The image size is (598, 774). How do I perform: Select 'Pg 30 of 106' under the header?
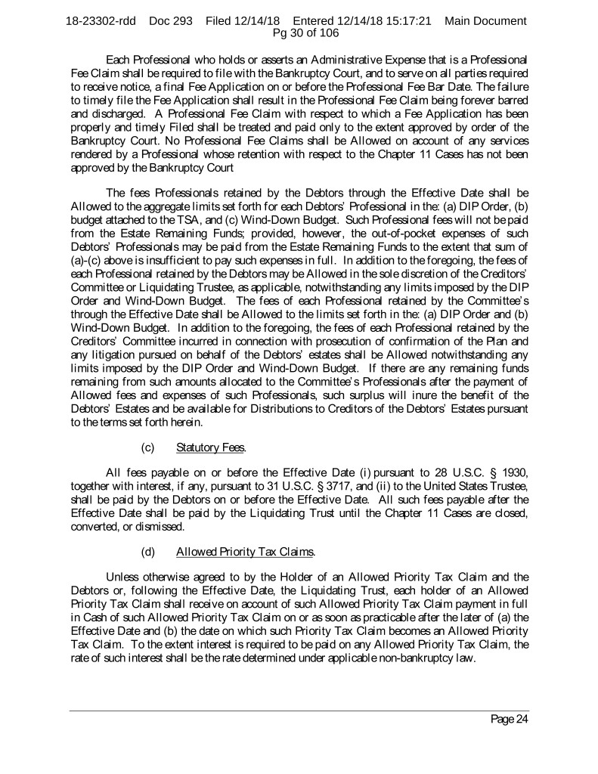point(299,33)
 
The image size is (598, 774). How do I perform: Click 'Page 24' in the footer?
point(509,719)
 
